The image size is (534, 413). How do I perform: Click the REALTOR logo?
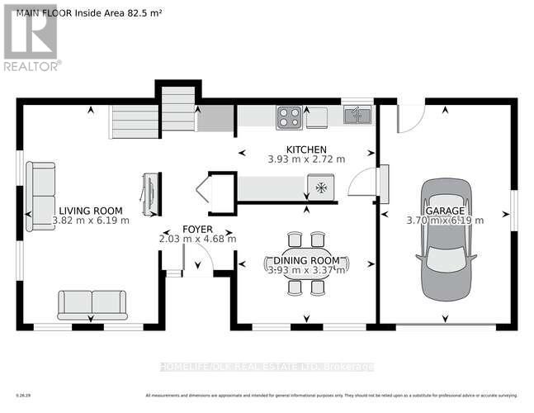coord(31,38)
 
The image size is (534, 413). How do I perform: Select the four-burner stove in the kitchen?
coord(289,116)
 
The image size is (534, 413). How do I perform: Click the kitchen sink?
coord(357,115)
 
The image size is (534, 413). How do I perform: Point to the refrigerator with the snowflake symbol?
coord(320,188)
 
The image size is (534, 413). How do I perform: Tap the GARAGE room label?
coord(445,210)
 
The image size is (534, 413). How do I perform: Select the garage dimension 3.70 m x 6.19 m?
coord(445,221)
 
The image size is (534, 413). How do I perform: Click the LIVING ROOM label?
coord(90,210)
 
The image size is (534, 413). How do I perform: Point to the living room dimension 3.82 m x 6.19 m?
coord(90,221)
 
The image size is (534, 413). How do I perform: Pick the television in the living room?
coord(150,194)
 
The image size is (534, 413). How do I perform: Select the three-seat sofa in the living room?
coord(40,195)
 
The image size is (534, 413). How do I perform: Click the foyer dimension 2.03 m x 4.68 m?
coord(197,239)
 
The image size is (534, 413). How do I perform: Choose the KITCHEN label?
coord(306,149)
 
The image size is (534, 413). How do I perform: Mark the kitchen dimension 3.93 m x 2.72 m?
coord(306,159)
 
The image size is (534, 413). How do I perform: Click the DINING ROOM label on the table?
coord(306,261)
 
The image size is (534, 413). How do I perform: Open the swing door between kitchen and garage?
coord(361,183)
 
